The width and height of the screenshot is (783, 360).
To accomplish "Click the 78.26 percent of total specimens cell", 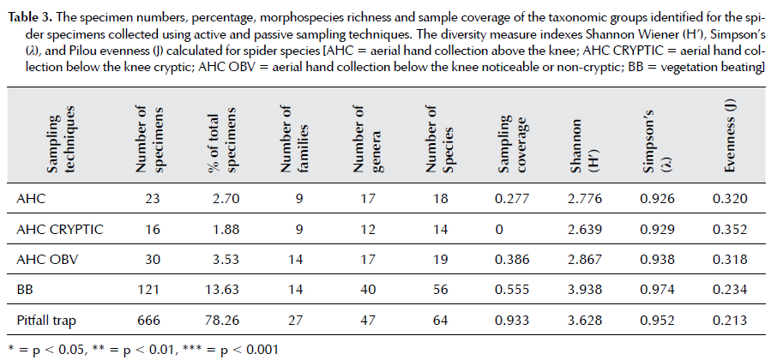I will (x=230, y=321).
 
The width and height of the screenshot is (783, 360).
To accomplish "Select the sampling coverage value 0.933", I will (x=515, y=321).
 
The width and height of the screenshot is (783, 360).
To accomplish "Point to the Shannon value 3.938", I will (x=586, y=290).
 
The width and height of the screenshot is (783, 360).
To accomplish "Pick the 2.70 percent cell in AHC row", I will (x=230, y=198).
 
